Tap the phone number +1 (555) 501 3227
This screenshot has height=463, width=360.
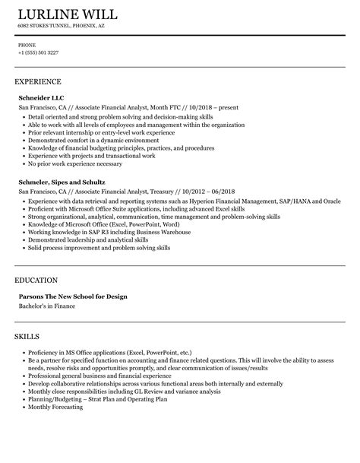(x=38, y=52)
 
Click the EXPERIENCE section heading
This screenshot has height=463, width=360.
(x=37, y=81)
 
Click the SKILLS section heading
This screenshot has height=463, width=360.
(x=27, y=336)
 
